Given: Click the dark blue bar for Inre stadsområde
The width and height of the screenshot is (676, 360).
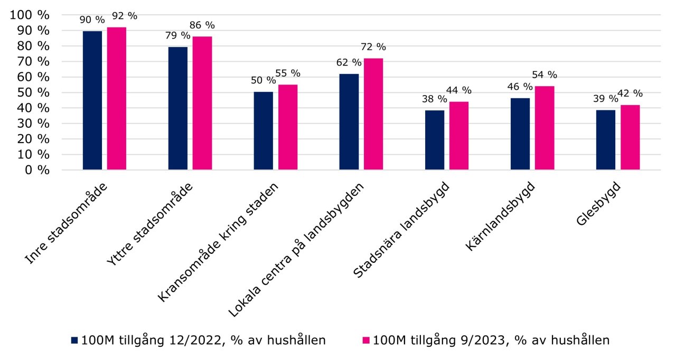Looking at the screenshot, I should click(x=92, y=100).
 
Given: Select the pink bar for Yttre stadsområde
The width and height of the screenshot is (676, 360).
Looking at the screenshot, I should click(x=202, y=103).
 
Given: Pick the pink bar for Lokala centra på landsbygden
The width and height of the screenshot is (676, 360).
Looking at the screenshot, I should click(x=373, y=114).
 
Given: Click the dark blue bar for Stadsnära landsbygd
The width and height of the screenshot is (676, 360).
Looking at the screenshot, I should click(x=435, y=140).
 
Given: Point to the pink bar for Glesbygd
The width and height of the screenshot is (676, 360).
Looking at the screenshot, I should click(x=630, y=137).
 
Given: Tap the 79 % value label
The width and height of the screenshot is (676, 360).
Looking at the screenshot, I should click(x=178, y=36).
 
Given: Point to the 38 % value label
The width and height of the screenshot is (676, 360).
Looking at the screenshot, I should click(x=434, y=99).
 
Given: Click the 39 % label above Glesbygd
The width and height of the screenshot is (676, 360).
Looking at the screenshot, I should click(x=605, y=98).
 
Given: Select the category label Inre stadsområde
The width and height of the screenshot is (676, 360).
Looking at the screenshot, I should click(x=74, y=222).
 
